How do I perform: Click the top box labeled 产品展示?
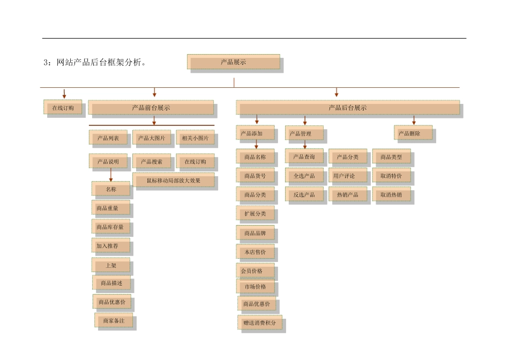coord(234,62)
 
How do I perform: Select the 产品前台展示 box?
coord(151,108)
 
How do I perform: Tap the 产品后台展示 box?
coord(348,108)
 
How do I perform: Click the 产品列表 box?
coord(108,138)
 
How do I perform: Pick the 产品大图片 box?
coord(152,138)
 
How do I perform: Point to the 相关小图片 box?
coord(195,138)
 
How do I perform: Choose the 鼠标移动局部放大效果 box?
coord(173,181)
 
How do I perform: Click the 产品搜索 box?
coord(152,161)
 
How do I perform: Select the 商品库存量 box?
coord(110,227)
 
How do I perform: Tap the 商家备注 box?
coord(114,320)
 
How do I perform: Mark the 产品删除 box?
coord(413,133)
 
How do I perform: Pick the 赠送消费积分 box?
coord(260,324)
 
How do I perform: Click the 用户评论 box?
coord(348,176)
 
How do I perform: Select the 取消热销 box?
coord(392,194)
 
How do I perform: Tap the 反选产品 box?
coord(304,194)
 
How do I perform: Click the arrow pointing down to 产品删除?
coord(414,120)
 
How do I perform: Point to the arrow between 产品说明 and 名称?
coord(111,175)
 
